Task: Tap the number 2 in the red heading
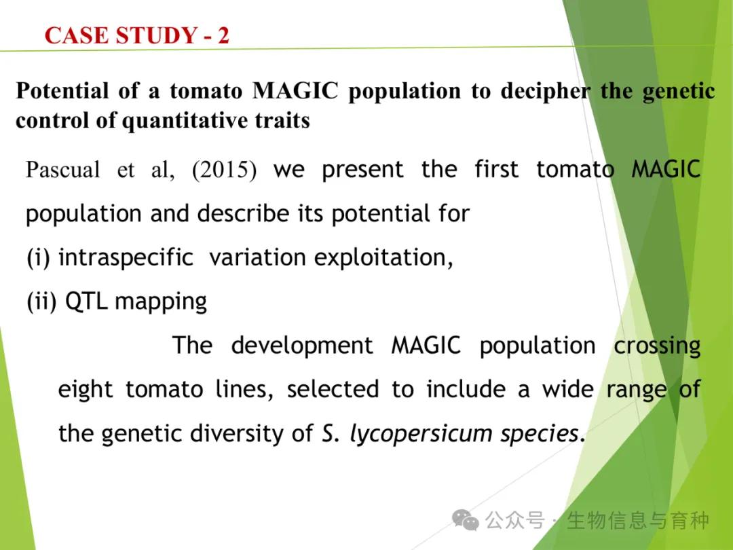pos(223,35)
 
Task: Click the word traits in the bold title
pos(282,121)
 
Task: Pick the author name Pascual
pos(62,169)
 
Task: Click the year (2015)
pos(224,170)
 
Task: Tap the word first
pos(496,169)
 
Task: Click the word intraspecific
pos(126,258)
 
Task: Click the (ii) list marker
pos(41,301)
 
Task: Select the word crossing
pos(657,346)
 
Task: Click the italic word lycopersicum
pos(421,434)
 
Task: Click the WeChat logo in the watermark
pos(465,520)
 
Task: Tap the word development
pos(302,346)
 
